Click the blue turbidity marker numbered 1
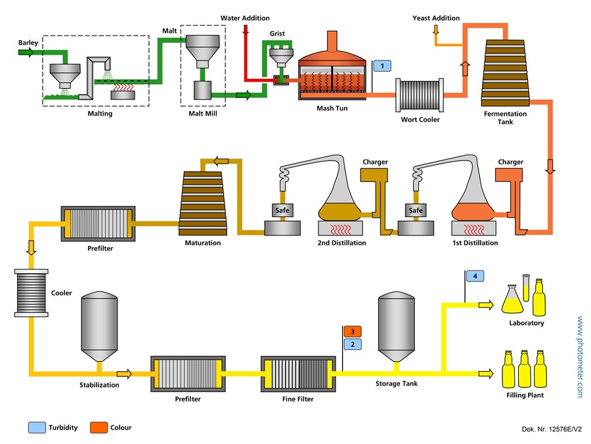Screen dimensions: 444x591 point(382,66)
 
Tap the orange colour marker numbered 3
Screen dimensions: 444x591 point(353,332)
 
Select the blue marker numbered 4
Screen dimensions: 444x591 point(475,276)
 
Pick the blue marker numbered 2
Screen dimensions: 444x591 point(353,344)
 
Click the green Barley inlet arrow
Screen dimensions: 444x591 point(26,53)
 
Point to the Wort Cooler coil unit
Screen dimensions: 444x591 point(420,95)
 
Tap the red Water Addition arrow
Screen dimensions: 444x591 point(246,30)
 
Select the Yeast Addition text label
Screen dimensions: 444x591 point(436,18)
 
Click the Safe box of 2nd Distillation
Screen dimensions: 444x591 point(283,210)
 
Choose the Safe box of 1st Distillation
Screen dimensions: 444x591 point(416,210)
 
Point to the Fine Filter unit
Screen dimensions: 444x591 point(297,374)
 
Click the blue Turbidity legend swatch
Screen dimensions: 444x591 point(36,428)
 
